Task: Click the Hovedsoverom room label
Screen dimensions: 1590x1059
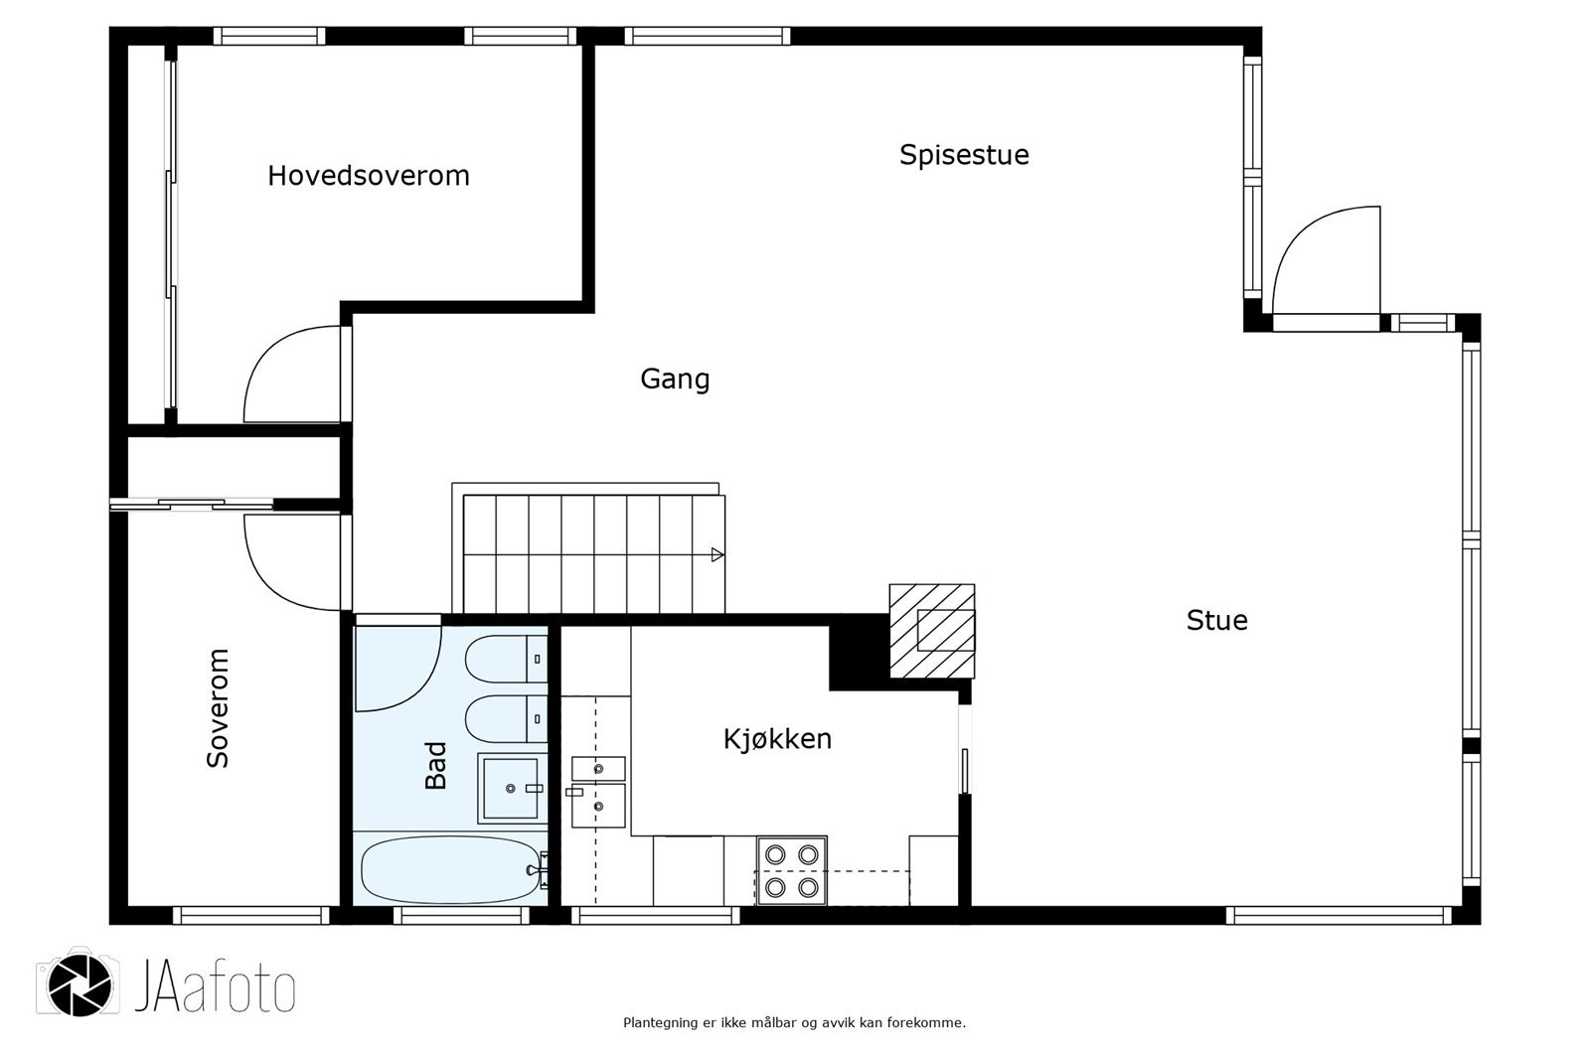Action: click(x=369, y=175)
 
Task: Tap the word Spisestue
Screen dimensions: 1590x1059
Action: click(x=964, y=155)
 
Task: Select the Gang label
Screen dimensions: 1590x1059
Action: click(x=675, y=379)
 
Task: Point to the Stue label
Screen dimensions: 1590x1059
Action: click(x=1216, y=620)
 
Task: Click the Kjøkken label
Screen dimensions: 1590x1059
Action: click(x=777, y=739)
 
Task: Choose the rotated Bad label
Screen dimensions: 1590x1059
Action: click(x=435, y=765)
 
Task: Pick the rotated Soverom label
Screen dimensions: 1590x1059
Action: click(x=218, y=707)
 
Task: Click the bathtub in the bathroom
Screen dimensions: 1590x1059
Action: click(x=451, y=869)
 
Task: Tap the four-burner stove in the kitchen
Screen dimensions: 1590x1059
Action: click(x=791, y=871)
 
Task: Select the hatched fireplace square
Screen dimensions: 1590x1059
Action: click(x=932, y=631)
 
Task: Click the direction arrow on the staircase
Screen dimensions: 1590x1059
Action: click(x=717, y=555)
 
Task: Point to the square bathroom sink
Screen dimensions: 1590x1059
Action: click(x=511, y=788)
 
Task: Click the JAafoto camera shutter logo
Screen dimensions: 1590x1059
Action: click(x=79, y=983)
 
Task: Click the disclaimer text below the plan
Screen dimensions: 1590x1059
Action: click(x=794, y=1023)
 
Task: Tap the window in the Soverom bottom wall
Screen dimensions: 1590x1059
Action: click(x=250, y=916)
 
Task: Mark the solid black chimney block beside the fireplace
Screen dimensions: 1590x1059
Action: click(x=859, y=652)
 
